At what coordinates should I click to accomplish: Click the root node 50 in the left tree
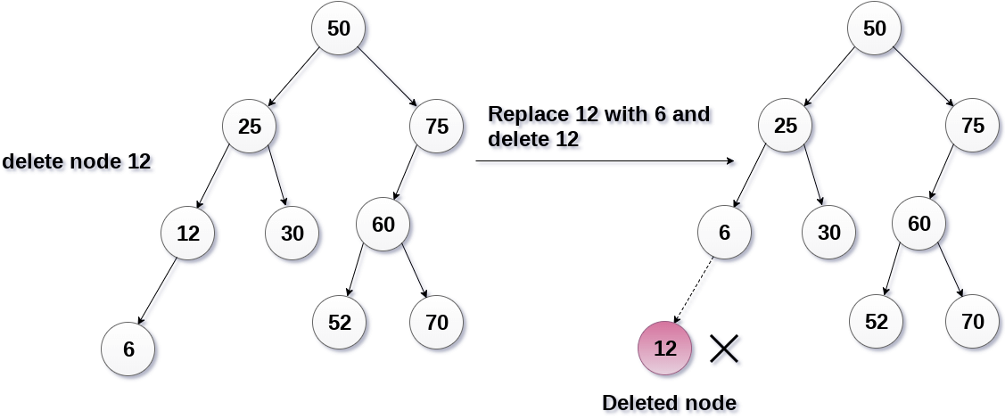(338, 29)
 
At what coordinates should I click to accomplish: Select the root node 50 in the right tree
(875, 29)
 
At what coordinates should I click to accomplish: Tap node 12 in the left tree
(188, 234)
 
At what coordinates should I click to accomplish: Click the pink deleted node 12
(665, 349)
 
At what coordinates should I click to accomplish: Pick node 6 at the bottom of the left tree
(128, 349)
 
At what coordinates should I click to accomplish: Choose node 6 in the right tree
(724, 234)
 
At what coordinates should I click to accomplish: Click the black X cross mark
(724, 349)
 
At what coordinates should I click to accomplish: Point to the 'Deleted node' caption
(669, 403)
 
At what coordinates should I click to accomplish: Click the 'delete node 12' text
(76, 162)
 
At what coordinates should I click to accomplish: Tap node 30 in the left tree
(292, 234)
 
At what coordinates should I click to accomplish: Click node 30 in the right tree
(828, 234)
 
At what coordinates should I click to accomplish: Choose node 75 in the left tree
(437, 127)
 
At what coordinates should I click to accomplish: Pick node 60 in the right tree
(919, 225)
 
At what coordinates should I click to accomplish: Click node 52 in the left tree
(340, 322)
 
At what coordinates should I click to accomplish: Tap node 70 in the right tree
(973, 322)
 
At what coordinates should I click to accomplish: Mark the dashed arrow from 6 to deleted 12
(695, 291)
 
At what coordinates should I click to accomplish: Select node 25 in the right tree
(786, 127)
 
